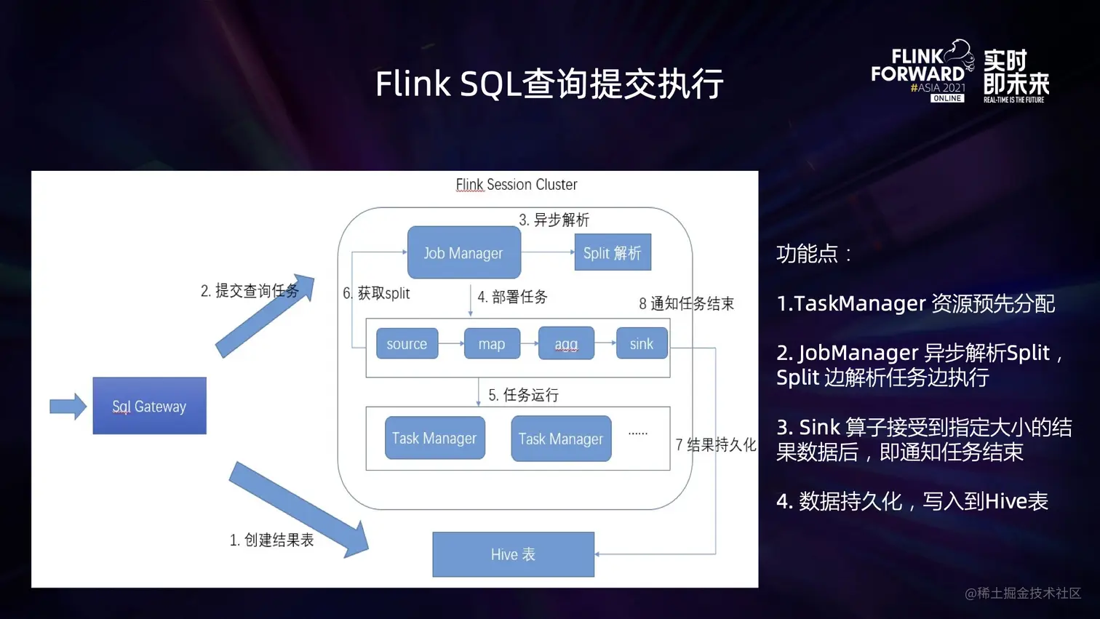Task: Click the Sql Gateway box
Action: pyautogui.click(x=149, y=406)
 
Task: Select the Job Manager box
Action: pyautogui.click(x=463, y=253)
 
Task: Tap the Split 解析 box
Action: pyautogui.click(x=613, y=252)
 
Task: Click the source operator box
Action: pyautogui.click(x=407, y=343)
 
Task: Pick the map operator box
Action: pyautogui.click(x=492, y=343)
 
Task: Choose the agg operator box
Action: pyautogui.click(x=566, y=343)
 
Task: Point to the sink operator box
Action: pyautogui.click(x=641, y=343)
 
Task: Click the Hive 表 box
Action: pyautogui.click(x=513, y=554)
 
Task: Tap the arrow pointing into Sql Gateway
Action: pyautogui.click(x=68, y=406)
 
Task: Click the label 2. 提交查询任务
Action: pyautogui.click(x=250, y=291)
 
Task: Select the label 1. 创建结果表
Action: pyautogui.click(x=271, y=540)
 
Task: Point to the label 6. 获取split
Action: pyautogui.click(x=376, y=293)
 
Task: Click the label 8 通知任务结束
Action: pyautogui.click(x=686, y=303)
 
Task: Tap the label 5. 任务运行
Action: pyautogui.click(x=523, y=395)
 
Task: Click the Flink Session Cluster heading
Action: pyautogui.click(x=516, y=185)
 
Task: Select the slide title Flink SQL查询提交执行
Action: pyautogui.click(x=549, y=84)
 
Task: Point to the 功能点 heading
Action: pyautogui.click(x=813, y=254)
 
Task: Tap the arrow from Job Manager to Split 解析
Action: pyautogui.click(x=548, y=252)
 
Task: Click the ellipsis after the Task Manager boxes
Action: pyautogui.click(x=638, y=434)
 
